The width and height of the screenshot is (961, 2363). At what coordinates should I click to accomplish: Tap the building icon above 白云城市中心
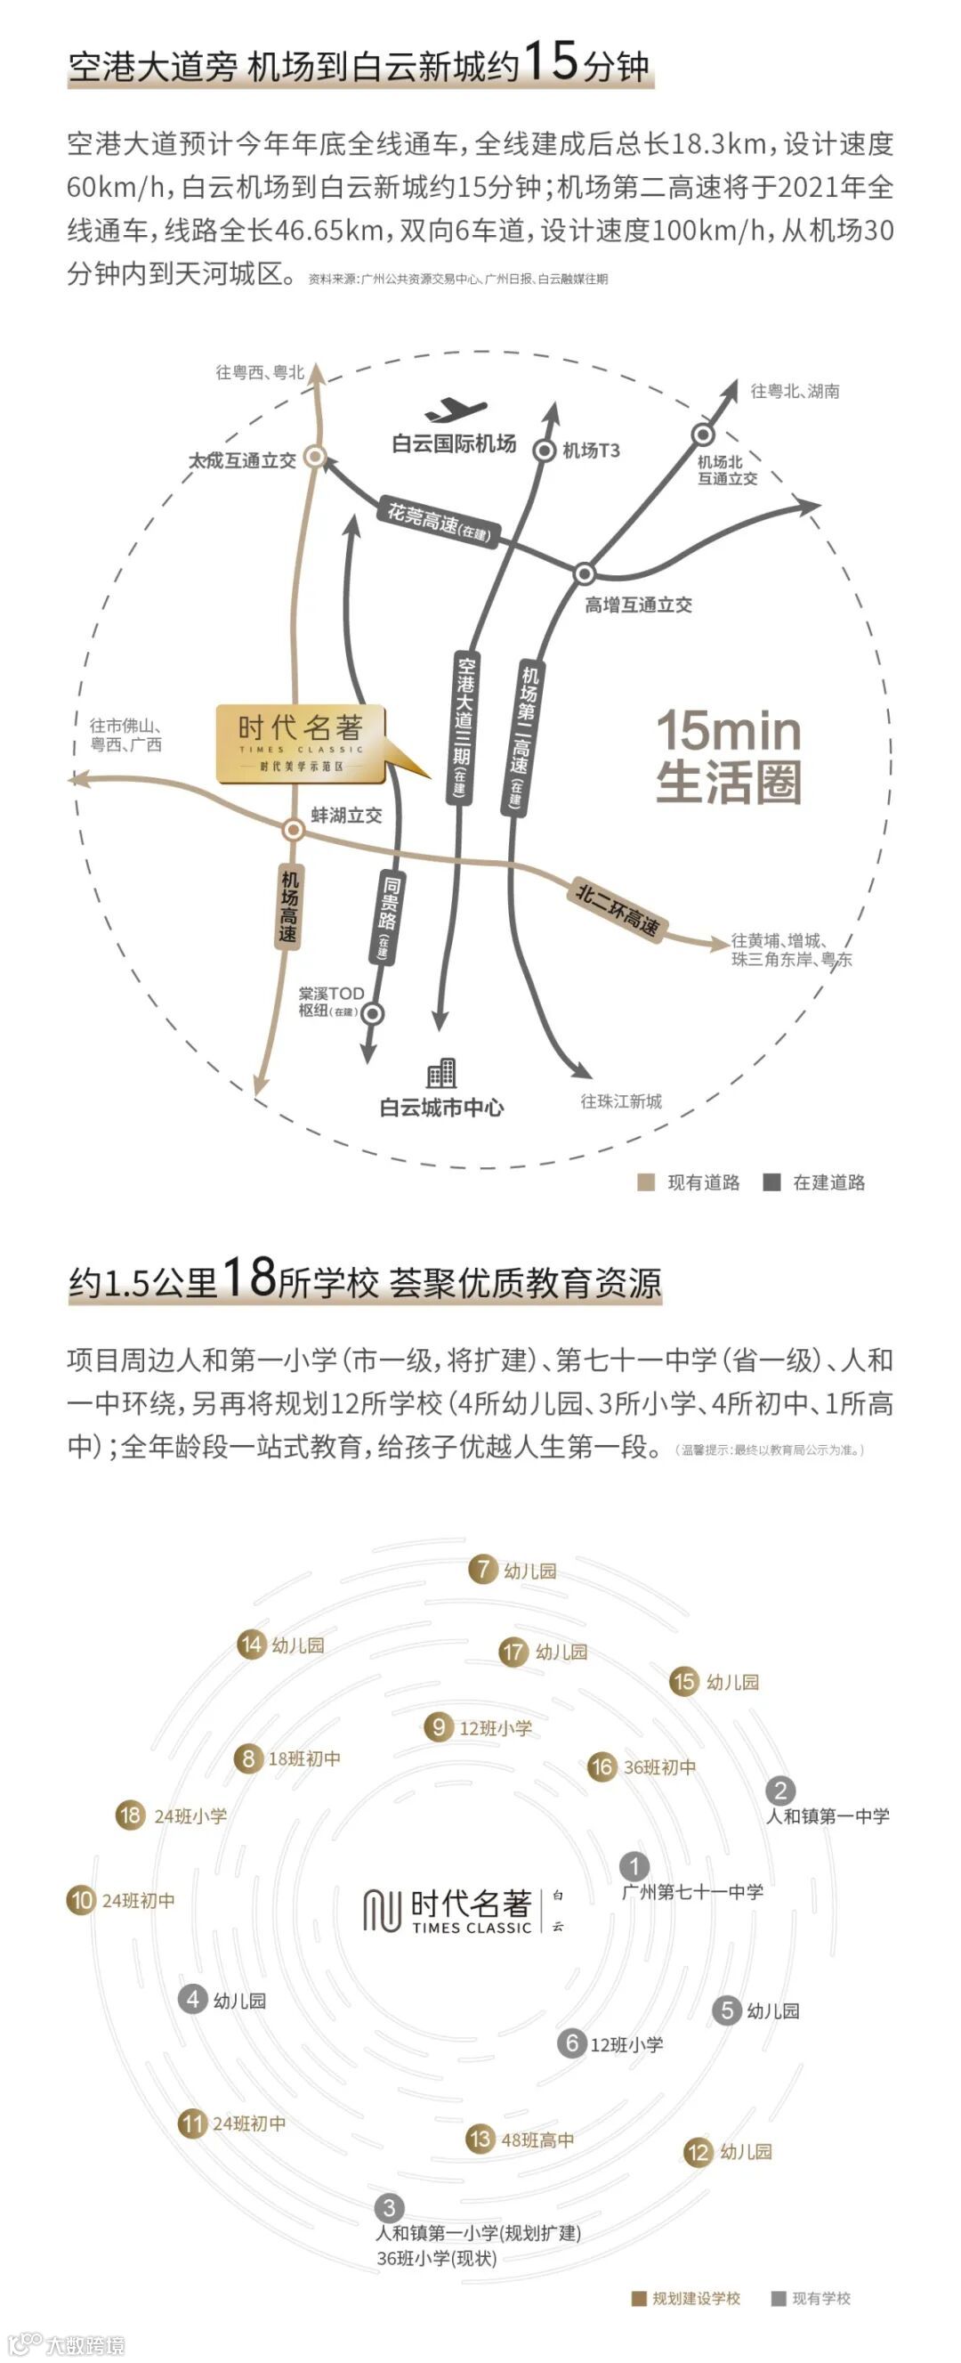click(x=441, y=1071)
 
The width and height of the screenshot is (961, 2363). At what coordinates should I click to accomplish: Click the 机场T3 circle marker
click(x=545, y=450)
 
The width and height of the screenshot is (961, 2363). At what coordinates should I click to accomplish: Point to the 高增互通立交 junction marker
click(x=584, y=574)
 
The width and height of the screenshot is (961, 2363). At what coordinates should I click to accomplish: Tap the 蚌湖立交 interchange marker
click(x=294, y=829)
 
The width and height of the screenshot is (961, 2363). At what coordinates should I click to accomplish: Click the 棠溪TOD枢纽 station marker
click(x=373, y=1013)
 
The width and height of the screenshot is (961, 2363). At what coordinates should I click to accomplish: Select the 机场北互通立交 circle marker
click(x=702, y=434)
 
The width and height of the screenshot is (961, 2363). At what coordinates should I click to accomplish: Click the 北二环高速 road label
click(x=618, y=909)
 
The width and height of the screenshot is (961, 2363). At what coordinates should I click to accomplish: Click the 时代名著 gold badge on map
click(x=301, y=744)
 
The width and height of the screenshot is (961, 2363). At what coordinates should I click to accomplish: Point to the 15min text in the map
click(x=729, y=731)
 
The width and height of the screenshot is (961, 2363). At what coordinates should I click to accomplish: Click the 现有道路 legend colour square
click(x=645, y=1181)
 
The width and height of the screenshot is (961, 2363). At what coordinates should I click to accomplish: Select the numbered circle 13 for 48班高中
click(x=480, y=2140)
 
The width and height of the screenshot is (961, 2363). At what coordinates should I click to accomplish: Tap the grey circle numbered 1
click(x=634, y=1866)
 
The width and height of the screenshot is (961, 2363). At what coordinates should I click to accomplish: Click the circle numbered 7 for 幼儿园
click(x=482, y=1570)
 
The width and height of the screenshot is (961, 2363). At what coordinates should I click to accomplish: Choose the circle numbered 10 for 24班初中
click(x=81, y=1900)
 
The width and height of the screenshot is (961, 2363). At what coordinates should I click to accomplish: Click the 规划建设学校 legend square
click(x=639, y=2297)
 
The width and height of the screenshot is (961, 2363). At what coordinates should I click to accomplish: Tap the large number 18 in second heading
click(x=248, y=1276)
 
